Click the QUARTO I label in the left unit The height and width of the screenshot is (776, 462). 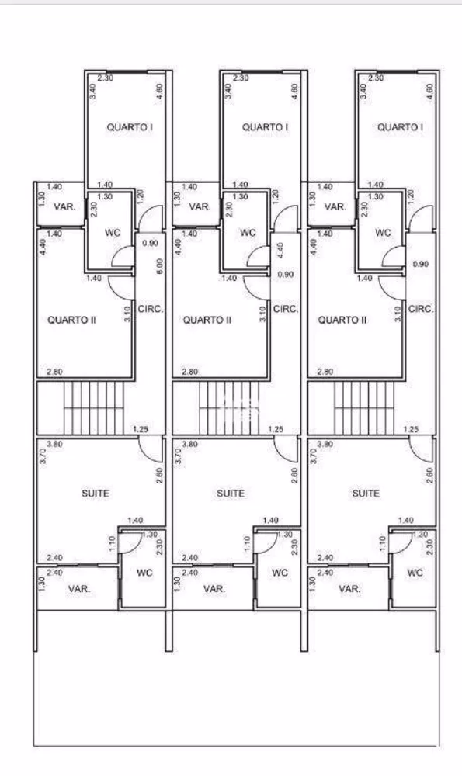point(129,126)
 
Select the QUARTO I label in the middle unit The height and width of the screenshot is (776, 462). point(265,126)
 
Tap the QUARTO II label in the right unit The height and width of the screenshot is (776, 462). point(342,319)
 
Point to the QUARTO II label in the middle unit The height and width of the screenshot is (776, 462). point(207,319)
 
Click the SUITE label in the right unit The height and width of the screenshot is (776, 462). point(366,494)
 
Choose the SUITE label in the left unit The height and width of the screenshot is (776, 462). point(96,494)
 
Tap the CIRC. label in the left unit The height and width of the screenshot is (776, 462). point(150,309)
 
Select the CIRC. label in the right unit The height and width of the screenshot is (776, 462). point(421,309)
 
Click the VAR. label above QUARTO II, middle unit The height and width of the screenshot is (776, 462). point(200,207)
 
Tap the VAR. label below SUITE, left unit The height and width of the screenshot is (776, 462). point(78,589)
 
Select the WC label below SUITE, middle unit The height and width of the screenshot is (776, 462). point(280,573)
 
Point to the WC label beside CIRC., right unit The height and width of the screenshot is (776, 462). point(383,233)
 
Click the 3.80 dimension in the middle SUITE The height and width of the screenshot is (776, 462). point(189,445)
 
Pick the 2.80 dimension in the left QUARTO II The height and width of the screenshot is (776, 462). point(54,372)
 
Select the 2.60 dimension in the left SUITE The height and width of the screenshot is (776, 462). point(158,476)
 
